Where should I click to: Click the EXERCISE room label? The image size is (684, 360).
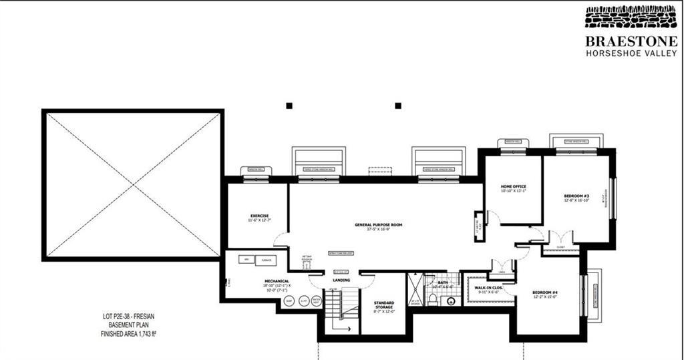click(x=259, y=216)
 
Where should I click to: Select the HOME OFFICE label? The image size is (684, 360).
click(x=514, y=186)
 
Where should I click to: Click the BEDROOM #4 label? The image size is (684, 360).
click(x=545, y=293)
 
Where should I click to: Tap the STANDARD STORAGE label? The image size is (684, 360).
click(x=384, y=303)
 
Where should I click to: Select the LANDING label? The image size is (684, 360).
click(x=341, y=280)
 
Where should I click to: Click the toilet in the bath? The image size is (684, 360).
click(x=451, y=301)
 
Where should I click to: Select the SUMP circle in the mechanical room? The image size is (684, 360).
click(x=290, y=301)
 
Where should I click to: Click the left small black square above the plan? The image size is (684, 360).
click(x=289, y=106)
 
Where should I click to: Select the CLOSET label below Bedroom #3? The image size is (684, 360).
click(x=559, y=246)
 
